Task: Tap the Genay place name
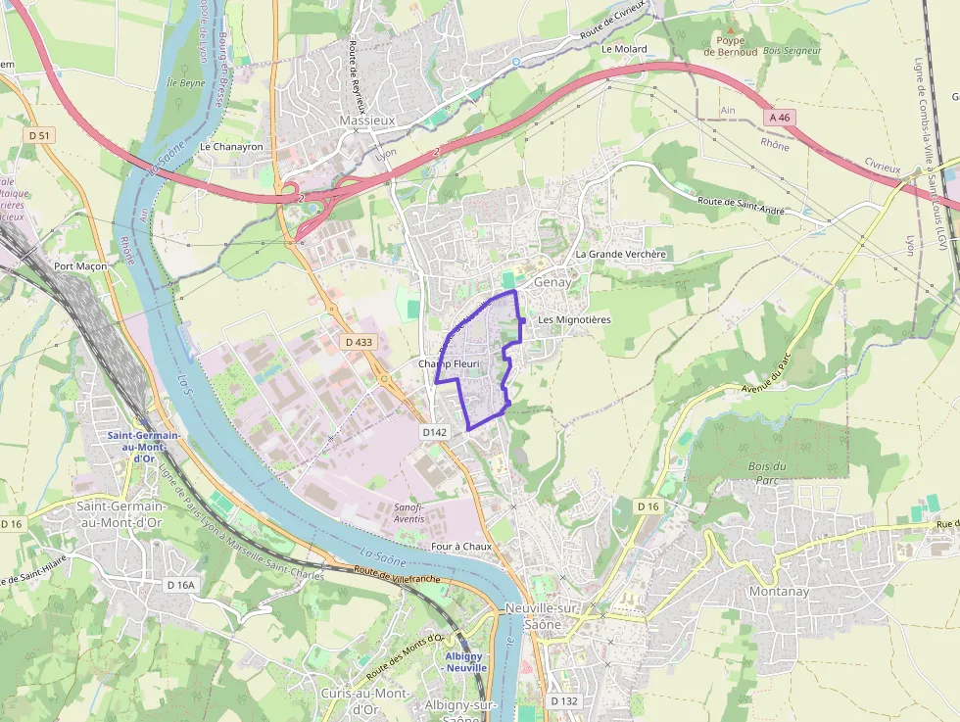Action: pyautogui.click(x=552, y=282)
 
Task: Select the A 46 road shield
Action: pyautogui.click(x=780, y=118)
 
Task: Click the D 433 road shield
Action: pyautogui.click(x=360, y=342)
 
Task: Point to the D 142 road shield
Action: pyautogui.click(x=435, y=431)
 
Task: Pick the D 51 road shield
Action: pyautogui.click(x=39, y=135)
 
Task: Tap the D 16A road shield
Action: pyautogui.click(x=181, y=585)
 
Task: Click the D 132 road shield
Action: pyautogui.click(x=563, y=701)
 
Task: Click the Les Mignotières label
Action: pyautogui.click(x=574, y=320)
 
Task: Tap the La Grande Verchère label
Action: pyautogui.click(x=621, y=255)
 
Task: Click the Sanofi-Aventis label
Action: pyautogui.click(x=408, y=512)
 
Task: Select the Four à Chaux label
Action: pyautogui.click(x=460, y=546)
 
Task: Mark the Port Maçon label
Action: pyautogui.click(x=79, y=266)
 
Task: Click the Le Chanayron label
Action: pyautogui.click(x=231, y=147)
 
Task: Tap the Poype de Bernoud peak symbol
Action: pyautogui.click(x=729, y=30)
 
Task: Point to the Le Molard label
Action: pyautogui.click(x=624, y=48)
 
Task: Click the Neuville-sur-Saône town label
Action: pyautogui.click(x=542, y=616)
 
